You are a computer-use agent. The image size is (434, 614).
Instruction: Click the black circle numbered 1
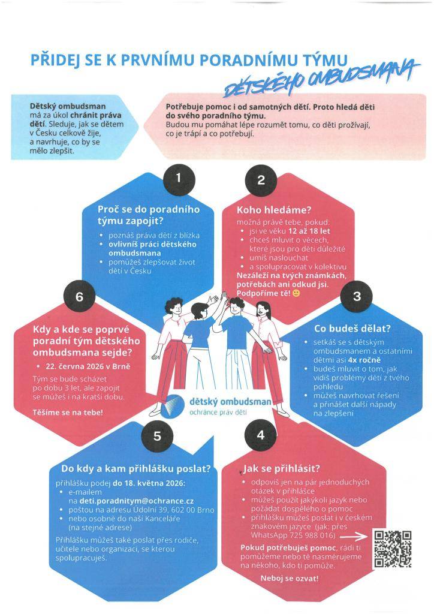pyautogui.click(x=179, y=179)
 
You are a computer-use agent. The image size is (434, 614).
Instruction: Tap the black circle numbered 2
pyautogui.click(x=261, y=180)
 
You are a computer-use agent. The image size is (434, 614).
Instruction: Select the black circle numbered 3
pyautogui.click(x=357, y=296)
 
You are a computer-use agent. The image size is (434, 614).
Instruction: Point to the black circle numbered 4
pyautogui.click(x=261, y=435)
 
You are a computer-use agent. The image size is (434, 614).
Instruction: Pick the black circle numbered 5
pyautogui.click(x=157, y=437)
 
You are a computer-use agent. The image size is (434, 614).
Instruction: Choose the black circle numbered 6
pyautogui.click(x=80, y=296)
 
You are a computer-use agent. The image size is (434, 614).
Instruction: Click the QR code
pyautogui.click(x=393, y=549)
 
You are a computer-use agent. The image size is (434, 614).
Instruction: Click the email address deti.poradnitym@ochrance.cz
pyautogui.click(x=137, y=501)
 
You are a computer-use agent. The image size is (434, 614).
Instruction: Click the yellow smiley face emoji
pyautogui.click(x=296, y=293)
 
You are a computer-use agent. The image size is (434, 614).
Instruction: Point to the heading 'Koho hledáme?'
pyautogui.click(x=274, y=210)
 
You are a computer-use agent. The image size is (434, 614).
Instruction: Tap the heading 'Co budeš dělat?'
pyautogui.click(x=352, y=329)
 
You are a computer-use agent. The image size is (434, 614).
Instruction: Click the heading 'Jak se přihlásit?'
pyautogui.click(x=281, y=469)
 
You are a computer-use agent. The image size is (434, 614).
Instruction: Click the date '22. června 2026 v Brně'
pyautogui.click(x=88, y=367)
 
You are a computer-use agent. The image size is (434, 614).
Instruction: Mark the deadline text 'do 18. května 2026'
pyautogui.click(x=148, y=483)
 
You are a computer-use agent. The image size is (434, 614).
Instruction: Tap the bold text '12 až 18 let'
pyautogui.click(x=309, y=231)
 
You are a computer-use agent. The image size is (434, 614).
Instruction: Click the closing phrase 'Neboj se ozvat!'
pyautogui.click(x=290, y=579)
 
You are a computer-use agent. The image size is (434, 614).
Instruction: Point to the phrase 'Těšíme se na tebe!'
pyautogui.click(x=68, y=413)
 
